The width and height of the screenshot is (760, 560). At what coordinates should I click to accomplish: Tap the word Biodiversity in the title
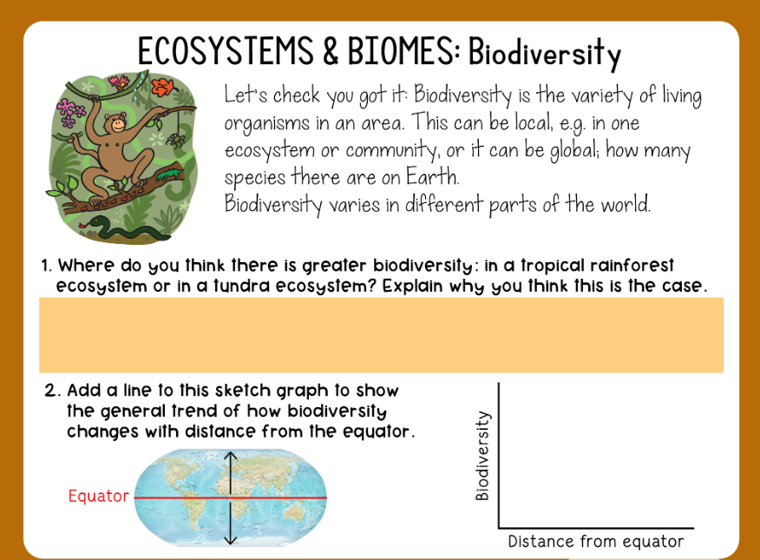tap(544, 54)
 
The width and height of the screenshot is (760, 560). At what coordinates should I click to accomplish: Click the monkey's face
tap(115, 123)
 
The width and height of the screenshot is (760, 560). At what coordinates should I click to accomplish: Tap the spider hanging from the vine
tap(179, 139)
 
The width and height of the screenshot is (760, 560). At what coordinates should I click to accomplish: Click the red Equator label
tap(97, 497)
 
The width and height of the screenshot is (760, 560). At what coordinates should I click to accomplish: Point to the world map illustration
tap(230, 497)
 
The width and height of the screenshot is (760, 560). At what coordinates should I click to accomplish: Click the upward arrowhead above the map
tap(230, 455)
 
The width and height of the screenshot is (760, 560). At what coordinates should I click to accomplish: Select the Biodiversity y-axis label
tap(483, 456)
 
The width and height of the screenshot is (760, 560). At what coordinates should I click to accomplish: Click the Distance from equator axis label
tap(595, 543)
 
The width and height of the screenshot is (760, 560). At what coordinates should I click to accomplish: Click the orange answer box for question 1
tap(381, 334)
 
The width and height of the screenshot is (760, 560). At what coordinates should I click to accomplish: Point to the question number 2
tap(50, 391)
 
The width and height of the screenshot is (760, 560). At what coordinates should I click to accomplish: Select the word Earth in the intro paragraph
tap(436, 178)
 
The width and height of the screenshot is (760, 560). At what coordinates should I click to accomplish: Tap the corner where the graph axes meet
tap(499, 527)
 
